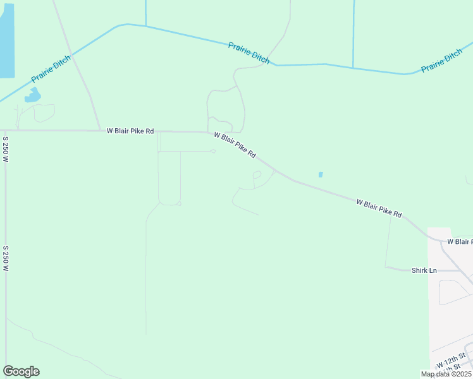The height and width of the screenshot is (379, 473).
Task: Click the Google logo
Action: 21,371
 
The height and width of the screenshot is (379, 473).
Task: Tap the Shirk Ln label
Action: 424,270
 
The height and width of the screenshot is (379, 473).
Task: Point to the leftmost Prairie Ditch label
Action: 51,69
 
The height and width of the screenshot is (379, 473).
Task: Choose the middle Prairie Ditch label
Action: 249,52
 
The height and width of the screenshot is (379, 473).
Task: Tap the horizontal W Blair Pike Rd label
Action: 130,131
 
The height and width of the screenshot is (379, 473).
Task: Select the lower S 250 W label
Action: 5,259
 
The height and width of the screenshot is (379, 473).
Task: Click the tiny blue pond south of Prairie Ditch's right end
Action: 321,174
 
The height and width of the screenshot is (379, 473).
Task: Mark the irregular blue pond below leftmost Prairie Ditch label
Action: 32,96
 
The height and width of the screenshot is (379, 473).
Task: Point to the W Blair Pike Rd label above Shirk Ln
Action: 379,208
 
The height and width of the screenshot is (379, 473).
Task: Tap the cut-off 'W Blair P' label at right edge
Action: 460,241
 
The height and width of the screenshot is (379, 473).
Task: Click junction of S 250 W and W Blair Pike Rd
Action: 6,130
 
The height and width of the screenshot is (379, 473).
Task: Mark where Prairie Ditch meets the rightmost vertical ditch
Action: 353,67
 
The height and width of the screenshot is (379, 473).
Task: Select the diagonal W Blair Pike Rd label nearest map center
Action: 235,145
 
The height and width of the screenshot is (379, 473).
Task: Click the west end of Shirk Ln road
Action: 387,267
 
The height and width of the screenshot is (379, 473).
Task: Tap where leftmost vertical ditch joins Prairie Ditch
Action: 145,27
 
